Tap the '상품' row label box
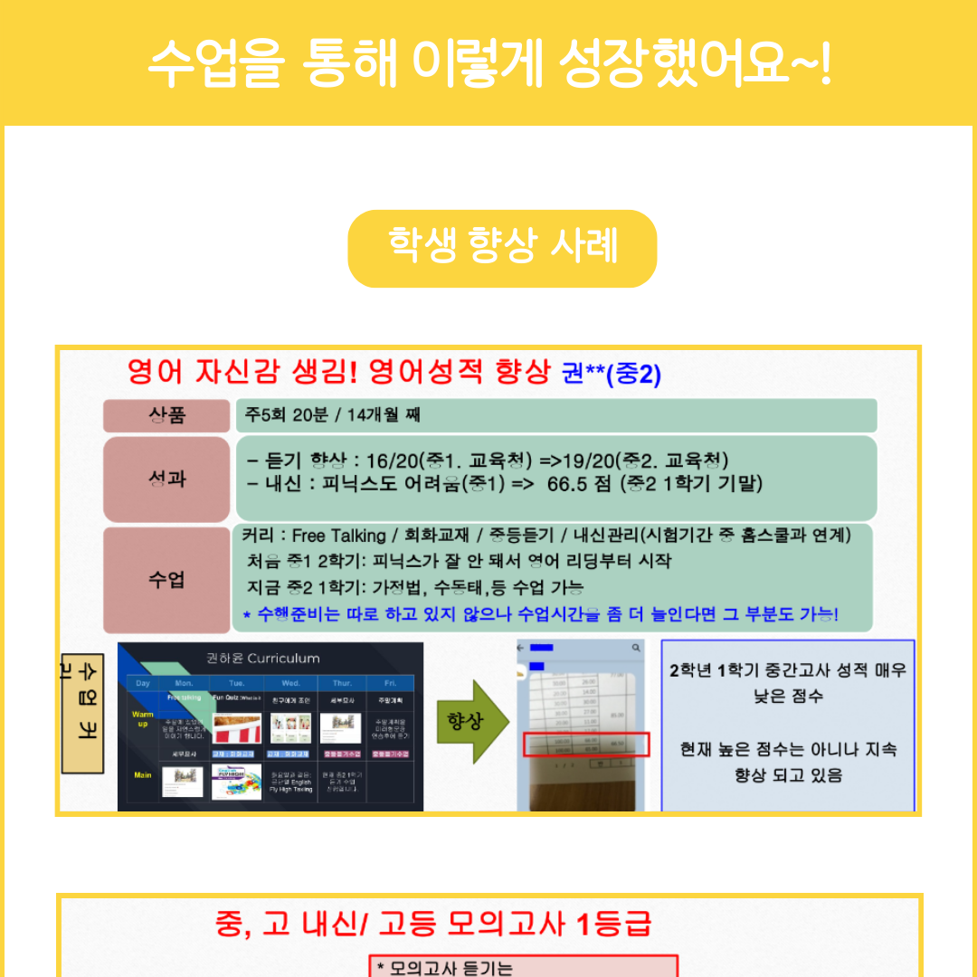(166, 416)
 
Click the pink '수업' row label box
(166, 579)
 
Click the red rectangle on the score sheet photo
(586, 744)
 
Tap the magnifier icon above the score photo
(637, 648)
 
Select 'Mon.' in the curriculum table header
(184, 683)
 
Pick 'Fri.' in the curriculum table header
(390, 683)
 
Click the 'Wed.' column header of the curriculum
(291, 683)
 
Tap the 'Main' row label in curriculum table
(143, 775)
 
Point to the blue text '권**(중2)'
(612, 374)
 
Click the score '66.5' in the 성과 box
(567, 484)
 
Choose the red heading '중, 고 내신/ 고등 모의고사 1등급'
(434, 924)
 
